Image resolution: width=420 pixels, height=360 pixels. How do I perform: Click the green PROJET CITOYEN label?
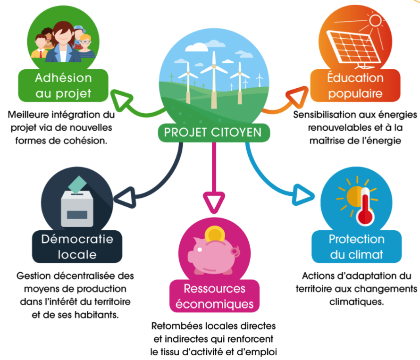[212, 133]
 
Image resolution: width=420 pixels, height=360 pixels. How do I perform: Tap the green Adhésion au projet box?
[63, 85]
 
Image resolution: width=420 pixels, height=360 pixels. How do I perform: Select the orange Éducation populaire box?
[355, 85]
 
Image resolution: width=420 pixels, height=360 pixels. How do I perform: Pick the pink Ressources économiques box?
[215, 296]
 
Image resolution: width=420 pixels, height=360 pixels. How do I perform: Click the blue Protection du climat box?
[357, 247]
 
